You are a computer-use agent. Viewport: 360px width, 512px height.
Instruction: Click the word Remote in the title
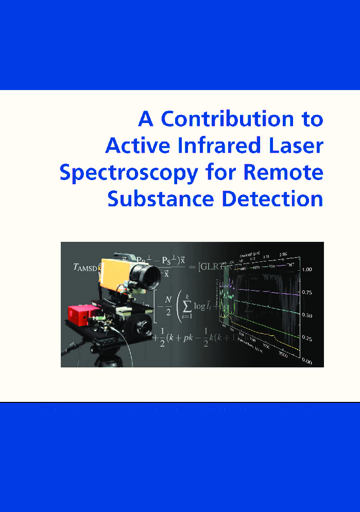click(x=283, y=172)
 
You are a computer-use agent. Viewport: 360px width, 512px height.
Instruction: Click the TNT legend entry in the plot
click(x=292, y=265)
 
